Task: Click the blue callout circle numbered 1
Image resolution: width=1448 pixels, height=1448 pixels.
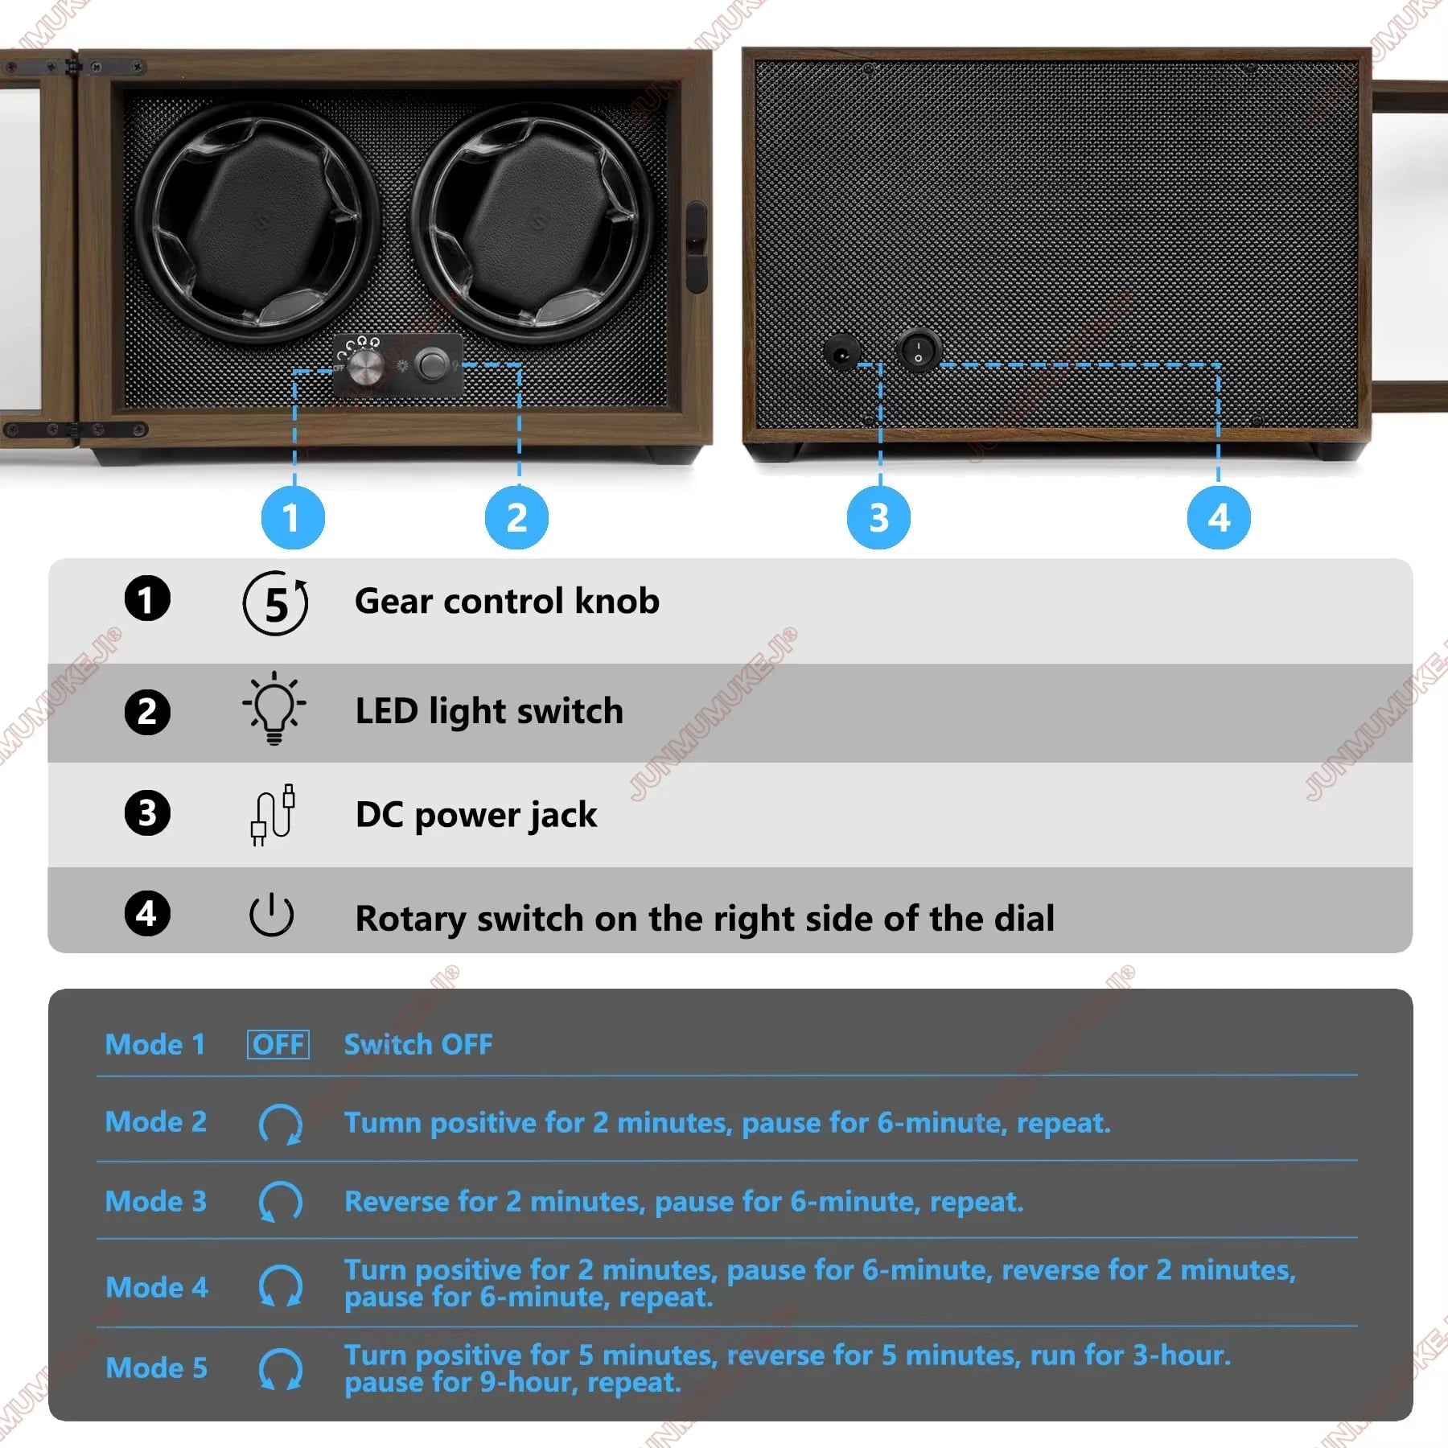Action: pos(293,517)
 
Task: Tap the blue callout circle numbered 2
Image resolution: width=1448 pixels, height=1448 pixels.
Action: pos(516,517)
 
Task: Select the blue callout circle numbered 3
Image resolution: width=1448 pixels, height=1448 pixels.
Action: pos(878,517)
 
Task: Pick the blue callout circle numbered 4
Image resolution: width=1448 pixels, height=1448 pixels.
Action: pos(1219,517)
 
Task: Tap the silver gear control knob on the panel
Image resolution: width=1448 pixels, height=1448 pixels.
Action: pos(365,367)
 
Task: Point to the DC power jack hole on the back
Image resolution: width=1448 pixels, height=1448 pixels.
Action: pos(842,352)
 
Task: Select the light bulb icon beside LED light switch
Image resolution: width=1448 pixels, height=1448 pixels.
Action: pos(274,709)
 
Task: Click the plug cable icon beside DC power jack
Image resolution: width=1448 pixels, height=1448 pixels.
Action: pos(273,814)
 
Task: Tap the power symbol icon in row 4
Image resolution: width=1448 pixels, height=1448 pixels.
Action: pos(271,915)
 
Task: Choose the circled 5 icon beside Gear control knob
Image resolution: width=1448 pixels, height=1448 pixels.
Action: pos(275,603)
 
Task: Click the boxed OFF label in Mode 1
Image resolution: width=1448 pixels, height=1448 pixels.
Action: pos(278,1044)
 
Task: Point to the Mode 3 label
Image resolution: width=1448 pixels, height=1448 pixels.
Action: pos(156,1201)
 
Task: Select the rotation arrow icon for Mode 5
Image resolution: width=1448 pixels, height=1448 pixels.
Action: pos(280,1368)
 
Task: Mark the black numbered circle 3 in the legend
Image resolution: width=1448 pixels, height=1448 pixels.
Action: pos(147,813)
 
